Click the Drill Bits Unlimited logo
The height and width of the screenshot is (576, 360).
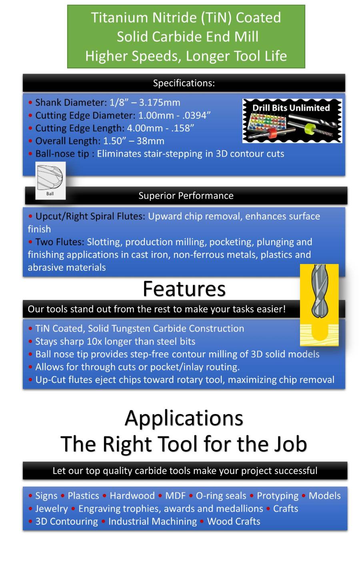(292, 121)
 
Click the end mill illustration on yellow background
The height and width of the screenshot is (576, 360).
(319, 305)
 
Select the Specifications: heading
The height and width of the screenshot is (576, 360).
(184, 83)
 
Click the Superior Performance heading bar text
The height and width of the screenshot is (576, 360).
(186, 196)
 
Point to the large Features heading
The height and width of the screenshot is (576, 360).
(184, 289)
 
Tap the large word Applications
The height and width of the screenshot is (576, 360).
(184, 418)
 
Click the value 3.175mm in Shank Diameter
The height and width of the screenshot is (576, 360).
(160, 102)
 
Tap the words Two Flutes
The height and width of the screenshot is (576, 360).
(60, 242)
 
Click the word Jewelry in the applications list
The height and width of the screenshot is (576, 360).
(52, 508)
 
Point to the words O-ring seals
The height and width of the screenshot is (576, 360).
(221, 496)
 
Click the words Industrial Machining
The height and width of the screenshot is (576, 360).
(152, 521)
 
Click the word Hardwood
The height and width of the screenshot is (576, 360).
(132, 496)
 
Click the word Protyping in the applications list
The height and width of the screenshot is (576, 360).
(278, 496)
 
